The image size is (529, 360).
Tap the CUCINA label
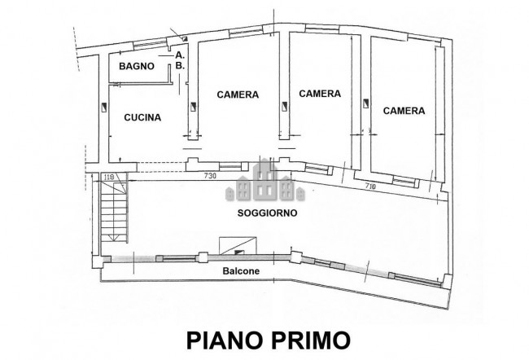(x=142, y=117)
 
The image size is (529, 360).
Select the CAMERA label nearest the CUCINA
(x=238, y=94)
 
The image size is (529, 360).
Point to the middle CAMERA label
(x=319, y=94)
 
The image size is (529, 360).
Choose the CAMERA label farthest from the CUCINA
(x=404, y=111)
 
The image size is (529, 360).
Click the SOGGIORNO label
(x=266, y=212)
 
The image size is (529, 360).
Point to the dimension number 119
(x=107, y=176)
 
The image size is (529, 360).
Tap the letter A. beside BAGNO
(x=178, y=55)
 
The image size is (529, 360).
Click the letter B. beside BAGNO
(x=178, y=65)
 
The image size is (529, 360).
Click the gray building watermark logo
(x=262, y=181)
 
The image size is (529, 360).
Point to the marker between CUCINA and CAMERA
(x=193, y=107)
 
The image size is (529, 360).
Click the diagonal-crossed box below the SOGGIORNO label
(x=239, y=242)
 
